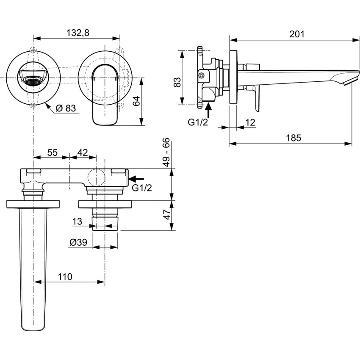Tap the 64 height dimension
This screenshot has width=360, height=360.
coord(136,101)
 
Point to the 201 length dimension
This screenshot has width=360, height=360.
coord(296,34)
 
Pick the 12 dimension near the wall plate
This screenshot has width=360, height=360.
coord(249,123)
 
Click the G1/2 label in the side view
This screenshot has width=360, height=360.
coord(198,123)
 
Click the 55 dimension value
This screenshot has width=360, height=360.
coord(52,152)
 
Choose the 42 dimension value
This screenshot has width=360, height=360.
coord(83,152)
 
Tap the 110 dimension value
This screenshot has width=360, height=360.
coord(64,277)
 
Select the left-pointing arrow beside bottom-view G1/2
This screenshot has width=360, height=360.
coord(136,180)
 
